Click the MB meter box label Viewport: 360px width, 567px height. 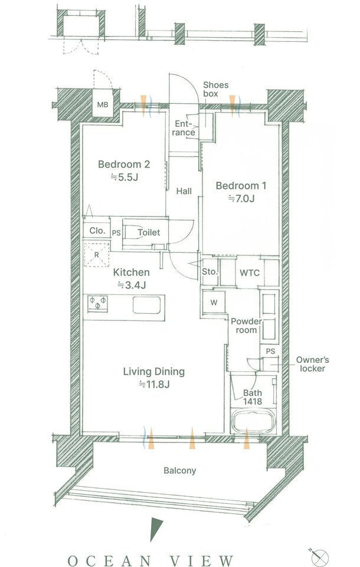point(103,105)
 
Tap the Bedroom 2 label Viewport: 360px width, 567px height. point(124,165)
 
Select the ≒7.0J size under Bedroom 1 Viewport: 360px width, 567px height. point(241,198)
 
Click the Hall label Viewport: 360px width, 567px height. point(184,191)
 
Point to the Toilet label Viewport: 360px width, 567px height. point(149,232)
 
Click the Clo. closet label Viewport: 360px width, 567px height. point(97,231)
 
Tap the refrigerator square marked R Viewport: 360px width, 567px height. point(97,254)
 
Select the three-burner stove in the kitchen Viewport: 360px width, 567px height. point(98,304)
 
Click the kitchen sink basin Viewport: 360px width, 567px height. point(146,305)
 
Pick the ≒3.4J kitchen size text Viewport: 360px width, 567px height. point(132,286)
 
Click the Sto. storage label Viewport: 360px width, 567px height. point(210,271)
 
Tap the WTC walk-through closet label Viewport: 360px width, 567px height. point(250,273)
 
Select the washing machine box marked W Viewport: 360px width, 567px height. point(214,302)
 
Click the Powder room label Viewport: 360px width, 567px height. point(246,326)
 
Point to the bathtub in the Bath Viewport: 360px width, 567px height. point(254,421)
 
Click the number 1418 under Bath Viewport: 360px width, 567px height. point(253,401)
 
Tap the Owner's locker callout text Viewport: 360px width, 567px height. point(312,364)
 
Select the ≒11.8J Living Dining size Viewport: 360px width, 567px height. point(155,384)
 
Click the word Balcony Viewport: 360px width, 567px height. point(180,470)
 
